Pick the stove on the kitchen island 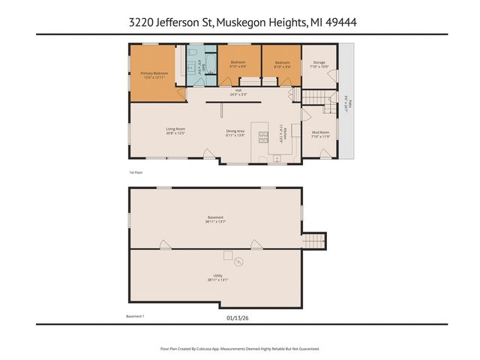[x=264, y=137]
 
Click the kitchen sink [x=277, y=158]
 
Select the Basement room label [x=216, y=220]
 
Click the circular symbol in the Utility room [x=238, y=262]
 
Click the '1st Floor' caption [x=136, y=172]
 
